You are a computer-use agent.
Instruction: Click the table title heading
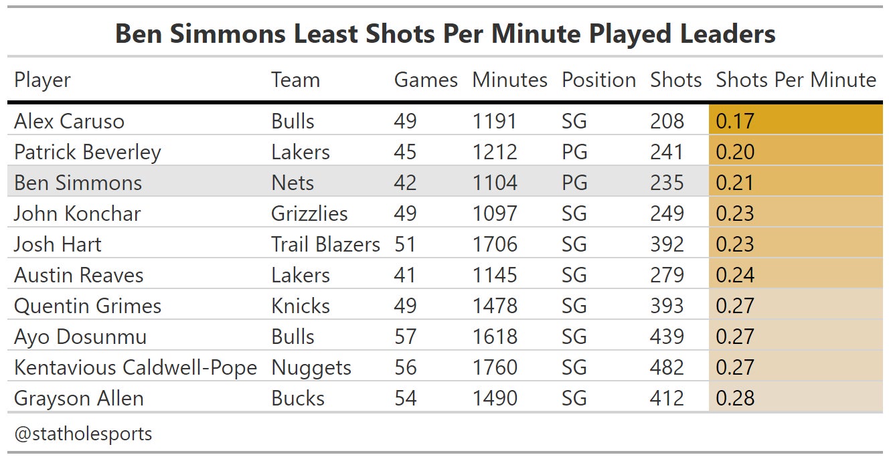pyautogui.click(x=444, y=33)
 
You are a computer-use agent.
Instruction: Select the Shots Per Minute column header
pyautogui.click(x=795, y=80)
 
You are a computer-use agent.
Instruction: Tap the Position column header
pyautogui.click(x=598, y=80)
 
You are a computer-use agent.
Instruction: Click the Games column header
pyautogui.click(x=426, y=80)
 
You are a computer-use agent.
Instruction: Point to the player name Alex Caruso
pyautogui.click(x=69, y=121)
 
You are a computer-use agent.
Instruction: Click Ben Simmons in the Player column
pyautogui.click(x=78, y=183)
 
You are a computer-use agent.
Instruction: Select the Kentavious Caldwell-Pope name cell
pyautogui.click(x=135, y=367)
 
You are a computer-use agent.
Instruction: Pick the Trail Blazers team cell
pyautogui.click(x=325, y=244)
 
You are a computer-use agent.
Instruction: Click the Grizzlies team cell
pyautogui.click(x=309, y=213)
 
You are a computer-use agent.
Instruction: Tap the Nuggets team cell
pyautogui.click(x=311, y=367)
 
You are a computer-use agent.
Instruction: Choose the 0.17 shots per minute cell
pyautogui.click(x=735, y=121)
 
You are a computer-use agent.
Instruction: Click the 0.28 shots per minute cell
pyautogui.click(x=735, y=398)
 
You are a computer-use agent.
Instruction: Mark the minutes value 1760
pyautogui.click(x=495, y=367)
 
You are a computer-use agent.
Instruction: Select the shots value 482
pyautogui.click(x=667, y=367)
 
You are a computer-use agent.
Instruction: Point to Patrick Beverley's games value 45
pyautogui.click(x=405, y=152)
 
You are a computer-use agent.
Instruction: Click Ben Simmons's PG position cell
pyautogui.click(x=574, y=183)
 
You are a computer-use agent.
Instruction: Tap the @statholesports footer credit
pyautogui.click(x=83, y=434)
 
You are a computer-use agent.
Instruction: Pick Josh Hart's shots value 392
pyautogui.click(x=667, y=244)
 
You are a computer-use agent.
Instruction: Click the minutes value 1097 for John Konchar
pyautogui.click(x=495, y=213)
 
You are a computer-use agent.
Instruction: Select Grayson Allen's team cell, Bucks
pyautogui.click(x=298, y=398)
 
